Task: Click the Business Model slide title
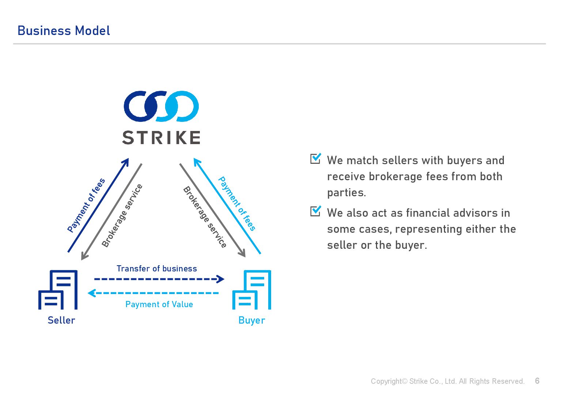pyautogui.click(x=64, y=31)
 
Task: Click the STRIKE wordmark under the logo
pyautogui.click(x=161, y=138)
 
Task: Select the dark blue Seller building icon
pyautogui.click(x=58, y=290)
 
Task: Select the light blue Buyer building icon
pyautogui.click(x=252, y=290)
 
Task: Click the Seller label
pyautogui.click(x=61, y=320)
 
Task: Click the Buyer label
pyautogui.click(x=251, y=320)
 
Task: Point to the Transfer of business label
pyautogui.click(x=157, y=269)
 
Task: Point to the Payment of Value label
pyautogui.click(x=159, y=304)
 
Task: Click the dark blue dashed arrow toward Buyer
pyautogui.click(x=159, y=279)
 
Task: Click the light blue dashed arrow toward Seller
pyautogui.click(x=153, y=293)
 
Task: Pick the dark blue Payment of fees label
pyautogui.click(x=86, y=205)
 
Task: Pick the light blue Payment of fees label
pyautogui.click(x=237, y=204)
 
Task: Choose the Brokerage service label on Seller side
pyautogui.click(x=122, y=216)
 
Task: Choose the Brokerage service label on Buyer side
pyautogui.click(x=205, y=217)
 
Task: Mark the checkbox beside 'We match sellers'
pyautogui.click(x=315, y=159)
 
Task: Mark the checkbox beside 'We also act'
pyautogui.click(x=315, y=211)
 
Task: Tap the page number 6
pyautogui.click(x=537, y=381)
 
